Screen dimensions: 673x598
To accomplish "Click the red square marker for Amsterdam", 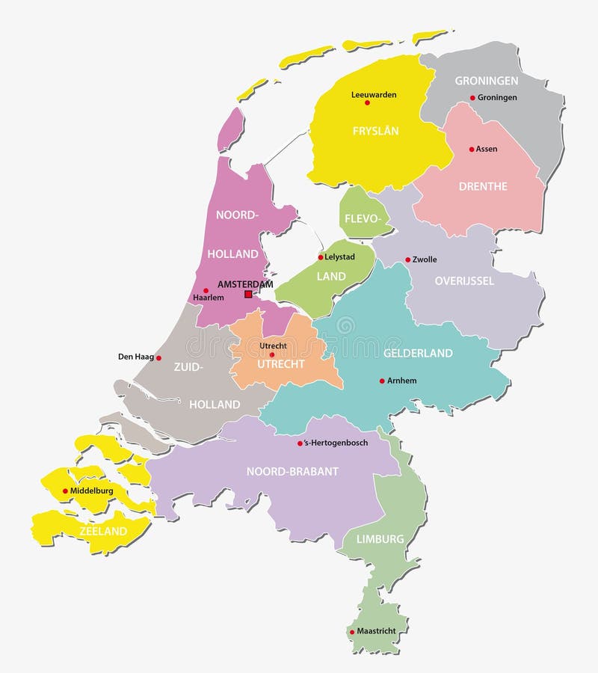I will [x=247, y=295].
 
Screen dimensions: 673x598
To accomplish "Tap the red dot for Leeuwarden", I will [x=367, y=102].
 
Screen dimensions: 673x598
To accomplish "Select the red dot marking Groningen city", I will [x=472, y=98].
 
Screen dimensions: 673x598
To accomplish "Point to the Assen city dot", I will [x=472, y=149].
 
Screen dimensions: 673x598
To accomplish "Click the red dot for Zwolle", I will [x=408, y=260].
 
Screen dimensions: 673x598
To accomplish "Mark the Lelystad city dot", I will [x=321, y=257].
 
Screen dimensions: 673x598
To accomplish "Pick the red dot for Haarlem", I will [x=206, y=290].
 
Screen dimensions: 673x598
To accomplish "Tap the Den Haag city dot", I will [x=158, y=357].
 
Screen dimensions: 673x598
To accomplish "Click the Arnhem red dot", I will [x=382, y=381].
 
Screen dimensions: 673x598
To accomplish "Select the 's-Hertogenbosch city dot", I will [x=300, y=443].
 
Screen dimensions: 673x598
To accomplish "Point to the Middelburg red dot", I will [x=65, y=491].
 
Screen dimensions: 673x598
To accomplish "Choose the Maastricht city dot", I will [x=352, y=632].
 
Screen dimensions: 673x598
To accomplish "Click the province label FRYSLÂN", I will [x=376, y=131].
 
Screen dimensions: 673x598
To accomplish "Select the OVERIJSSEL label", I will [x=464, y=281].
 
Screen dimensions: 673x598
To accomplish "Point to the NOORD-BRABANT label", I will [x=293, y=471].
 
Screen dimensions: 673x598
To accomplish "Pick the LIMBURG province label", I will [x=380, y=538].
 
